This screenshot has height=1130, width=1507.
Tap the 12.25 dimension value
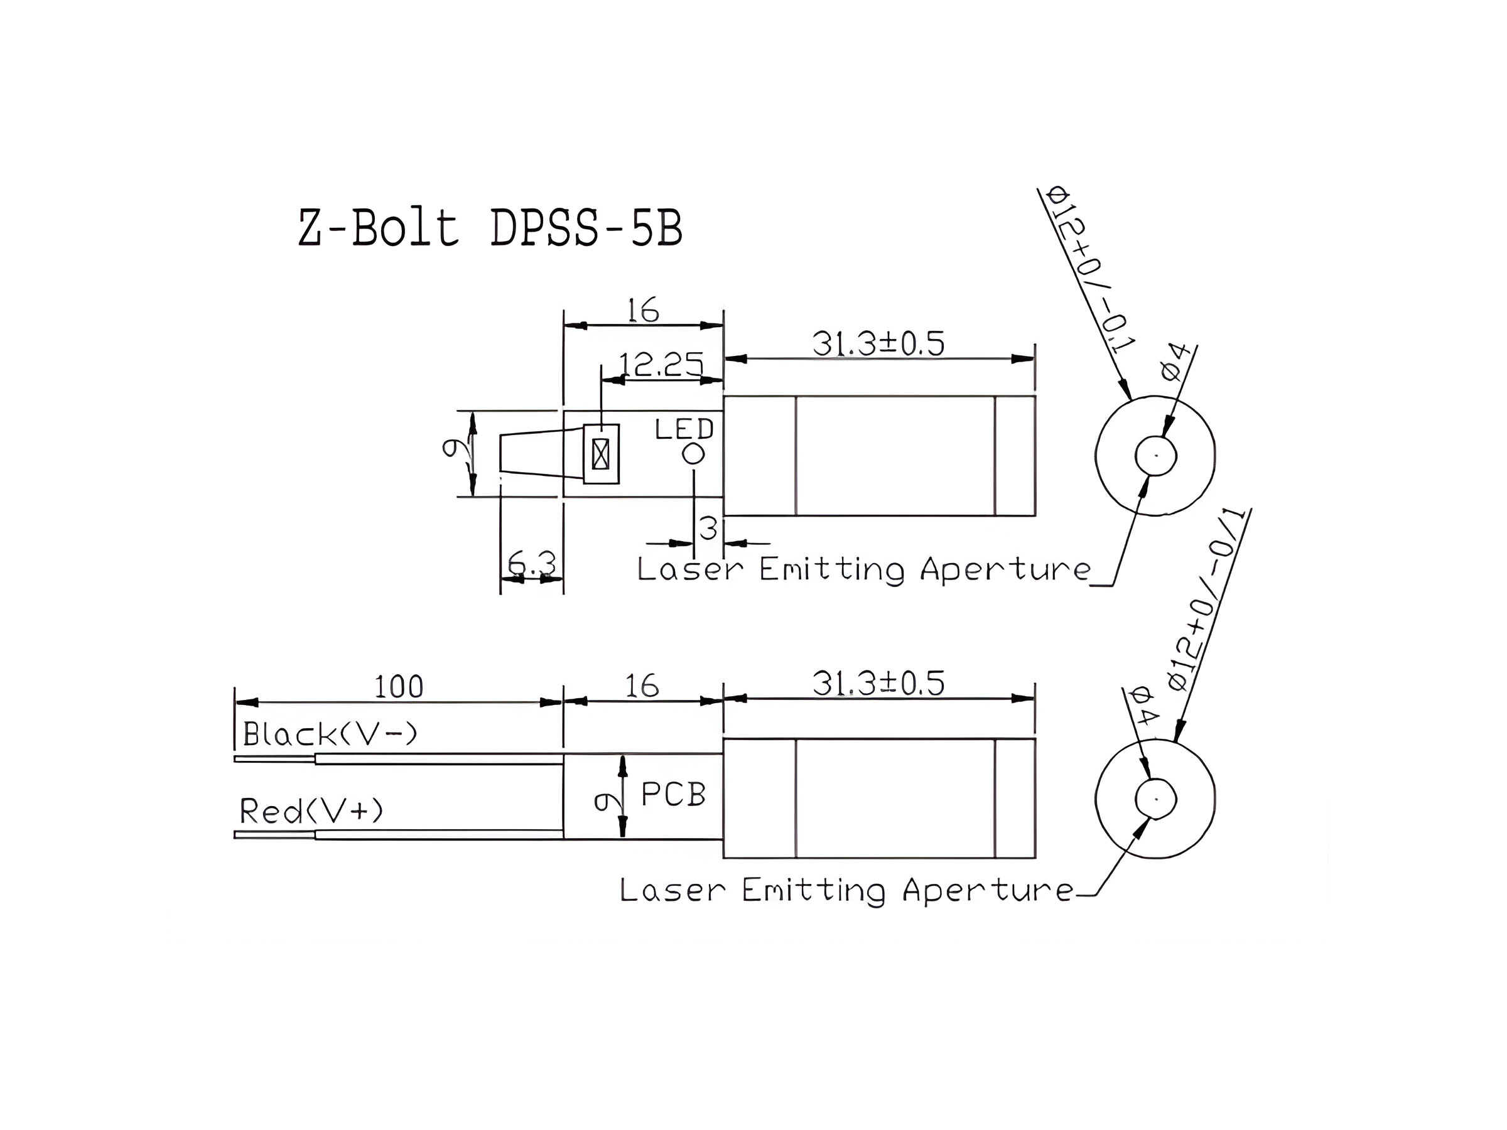659,367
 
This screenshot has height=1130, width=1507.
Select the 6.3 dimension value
531,564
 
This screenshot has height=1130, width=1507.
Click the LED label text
683,430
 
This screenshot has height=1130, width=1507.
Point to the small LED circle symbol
694,454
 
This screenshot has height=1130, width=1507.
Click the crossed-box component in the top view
600,455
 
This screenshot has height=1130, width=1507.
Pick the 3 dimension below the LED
708,529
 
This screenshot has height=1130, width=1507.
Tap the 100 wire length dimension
399,687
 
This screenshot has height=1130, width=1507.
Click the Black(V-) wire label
330,734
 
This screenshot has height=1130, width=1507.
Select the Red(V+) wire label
311,811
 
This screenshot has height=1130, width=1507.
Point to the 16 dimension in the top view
643,311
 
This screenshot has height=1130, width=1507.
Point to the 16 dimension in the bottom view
642,686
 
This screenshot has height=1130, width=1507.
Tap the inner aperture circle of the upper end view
1155,455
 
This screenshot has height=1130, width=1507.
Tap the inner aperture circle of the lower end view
1155,799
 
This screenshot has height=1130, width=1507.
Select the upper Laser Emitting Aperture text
863,569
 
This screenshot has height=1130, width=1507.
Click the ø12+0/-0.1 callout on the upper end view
1089,270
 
